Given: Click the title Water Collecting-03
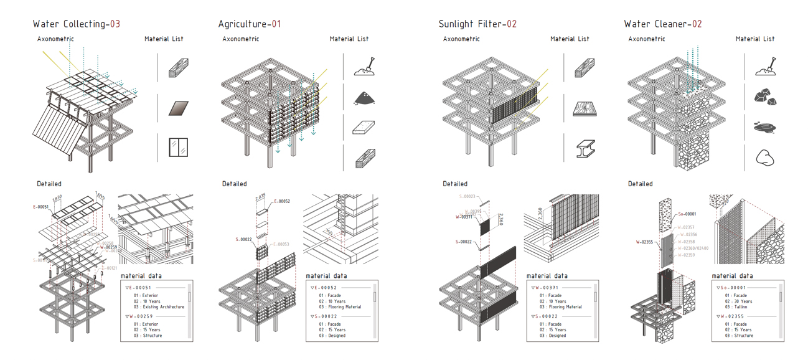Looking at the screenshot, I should tap(76, 24).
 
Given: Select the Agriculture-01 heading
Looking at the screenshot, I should tap(250, 24).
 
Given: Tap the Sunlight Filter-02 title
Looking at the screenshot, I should tap(477, 24).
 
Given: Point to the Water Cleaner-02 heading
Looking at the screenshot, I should tap(663, 24).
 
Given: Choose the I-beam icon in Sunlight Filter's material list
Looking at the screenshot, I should tap(585, 148).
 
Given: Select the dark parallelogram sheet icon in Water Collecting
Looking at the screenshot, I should tap(178, 108).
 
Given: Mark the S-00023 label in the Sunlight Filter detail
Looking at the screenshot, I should tap(467, 196).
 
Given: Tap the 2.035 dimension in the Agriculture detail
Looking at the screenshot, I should tap(261, 199).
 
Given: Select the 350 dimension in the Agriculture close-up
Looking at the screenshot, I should tap(329, 232).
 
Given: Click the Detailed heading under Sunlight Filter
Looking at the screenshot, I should tap(455, 184).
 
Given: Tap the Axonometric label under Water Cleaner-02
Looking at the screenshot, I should tap(647, 39).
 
